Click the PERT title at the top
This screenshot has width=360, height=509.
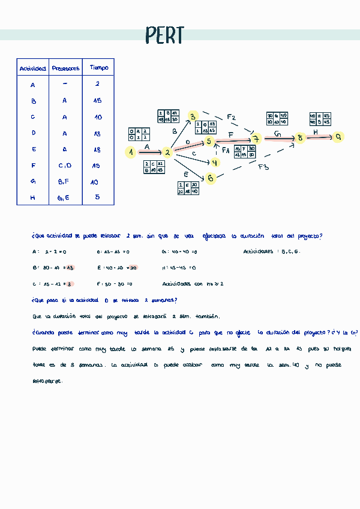click(164, 36)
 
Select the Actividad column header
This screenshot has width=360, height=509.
click(32, 69)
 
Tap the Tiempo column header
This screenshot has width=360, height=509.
click(98, 68)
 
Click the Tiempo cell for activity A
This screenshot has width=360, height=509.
click(97, 85)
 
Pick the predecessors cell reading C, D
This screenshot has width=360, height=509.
click(65, 166)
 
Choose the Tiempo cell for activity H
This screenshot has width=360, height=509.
click(97, 197)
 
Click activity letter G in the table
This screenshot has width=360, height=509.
click(33, 181)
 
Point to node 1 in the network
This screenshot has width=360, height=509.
click(130, 152)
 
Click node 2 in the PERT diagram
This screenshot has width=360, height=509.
click(168, 153)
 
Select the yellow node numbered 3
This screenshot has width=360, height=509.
click(193, 116)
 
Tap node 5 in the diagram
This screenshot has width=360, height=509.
click(209, 142)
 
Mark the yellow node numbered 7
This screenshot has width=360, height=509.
click(256, 140)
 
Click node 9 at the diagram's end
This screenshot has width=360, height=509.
click(339, 137)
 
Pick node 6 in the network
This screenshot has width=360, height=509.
click(210, 178)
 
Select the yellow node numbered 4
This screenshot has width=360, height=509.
click(215, 162)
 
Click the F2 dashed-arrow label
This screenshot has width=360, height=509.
click(231, 117)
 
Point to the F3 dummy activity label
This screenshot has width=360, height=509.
click(263, 167)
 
